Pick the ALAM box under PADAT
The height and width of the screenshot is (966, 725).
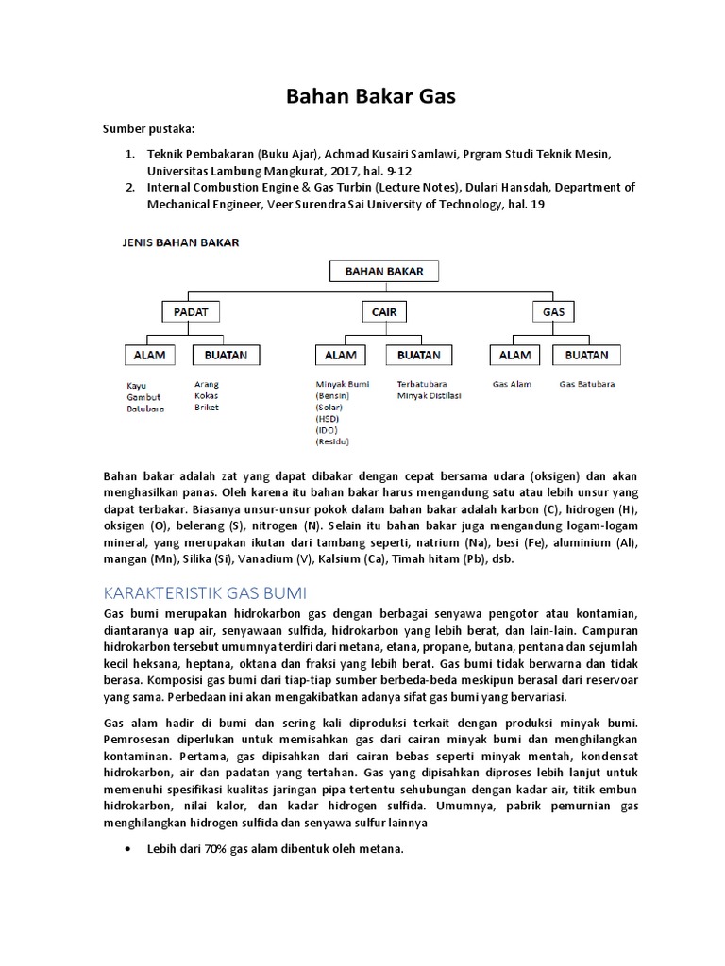(151, 355)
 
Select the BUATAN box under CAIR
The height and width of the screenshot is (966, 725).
(418, 355)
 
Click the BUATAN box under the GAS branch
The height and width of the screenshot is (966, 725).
(586, 355)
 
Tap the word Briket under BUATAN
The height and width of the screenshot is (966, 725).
(207, 408)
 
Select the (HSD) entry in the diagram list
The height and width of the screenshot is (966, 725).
(328, 418)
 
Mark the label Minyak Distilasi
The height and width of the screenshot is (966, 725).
(429, 396)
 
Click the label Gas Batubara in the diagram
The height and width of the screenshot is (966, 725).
(586, 385)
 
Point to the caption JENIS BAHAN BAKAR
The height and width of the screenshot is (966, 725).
(179, 242)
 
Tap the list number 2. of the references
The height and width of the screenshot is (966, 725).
(130, 188)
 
